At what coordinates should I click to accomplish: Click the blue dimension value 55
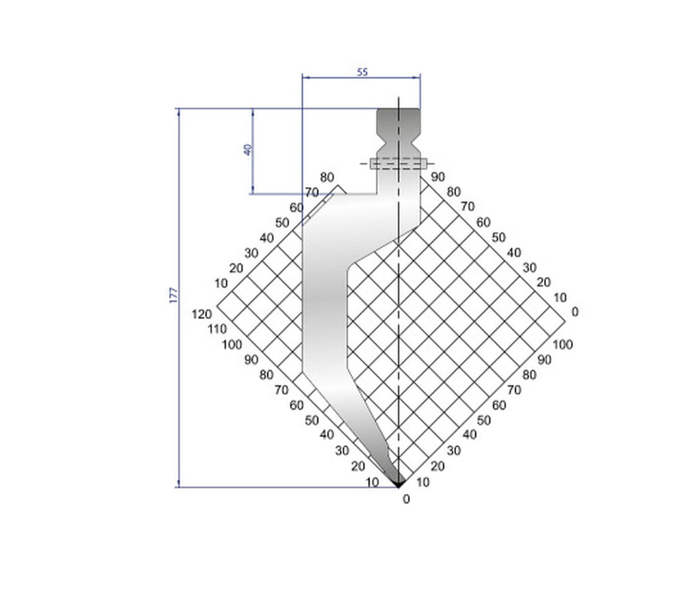(362, 72)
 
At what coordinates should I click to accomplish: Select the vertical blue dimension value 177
(174, 295)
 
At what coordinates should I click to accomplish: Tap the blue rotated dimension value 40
(248, 149)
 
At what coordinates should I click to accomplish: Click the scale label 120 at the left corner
(202, 314)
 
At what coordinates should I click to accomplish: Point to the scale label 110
(218, 329)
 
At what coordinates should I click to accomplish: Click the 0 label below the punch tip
(405, 499)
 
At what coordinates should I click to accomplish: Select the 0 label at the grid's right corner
(574, 312)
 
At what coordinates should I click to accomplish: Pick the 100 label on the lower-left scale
(232, 344)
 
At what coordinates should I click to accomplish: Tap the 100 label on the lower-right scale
(562, 345)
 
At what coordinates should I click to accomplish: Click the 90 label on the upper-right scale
(437, 176)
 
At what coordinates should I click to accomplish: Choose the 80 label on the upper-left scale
(327, 178)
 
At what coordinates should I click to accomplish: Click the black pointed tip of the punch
(399, 481)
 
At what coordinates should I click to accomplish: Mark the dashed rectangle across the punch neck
(399, 163)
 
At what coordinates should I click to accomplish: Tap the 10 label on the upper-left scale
(220, 282)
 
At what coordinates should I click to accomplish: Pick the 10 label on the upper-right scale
(559, 297)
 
